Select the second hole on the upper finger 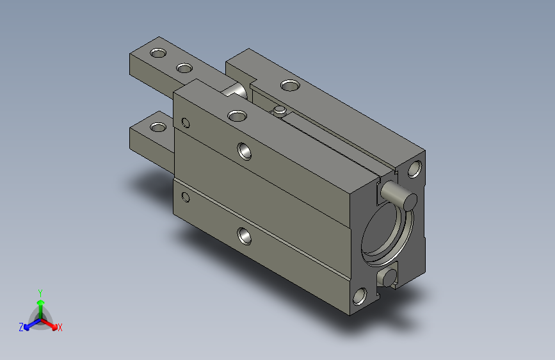point(184,67)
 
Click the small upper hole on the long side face point(186,122)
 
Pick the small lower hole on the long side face point(186,197)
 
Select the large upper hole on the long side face point(244,151)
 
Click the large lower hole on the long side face point(244,236)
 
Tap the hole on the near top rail point(237,115)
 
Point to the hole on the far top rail point(289,85)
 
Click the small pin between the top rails point(278,111)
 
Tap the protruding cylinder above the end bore point(399,194)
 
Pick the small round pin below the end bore point(386,277)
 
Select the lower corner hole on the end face point(360,296)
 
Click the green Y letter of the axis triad point(40,291)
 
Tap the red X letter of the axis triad point(60,327)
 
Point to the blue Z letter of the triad point(21,327)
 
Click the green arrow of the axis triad point(40,304)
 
